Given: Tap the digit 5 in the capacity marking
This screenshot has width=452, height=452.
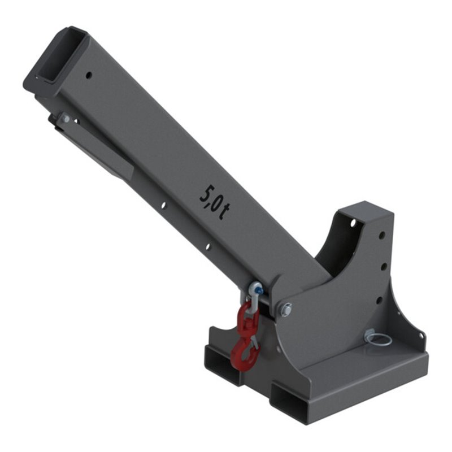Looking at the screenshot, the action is coord(206,193).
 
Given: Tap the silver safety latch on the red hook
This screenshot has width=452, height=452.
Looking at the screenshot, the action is coord(254,343).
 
